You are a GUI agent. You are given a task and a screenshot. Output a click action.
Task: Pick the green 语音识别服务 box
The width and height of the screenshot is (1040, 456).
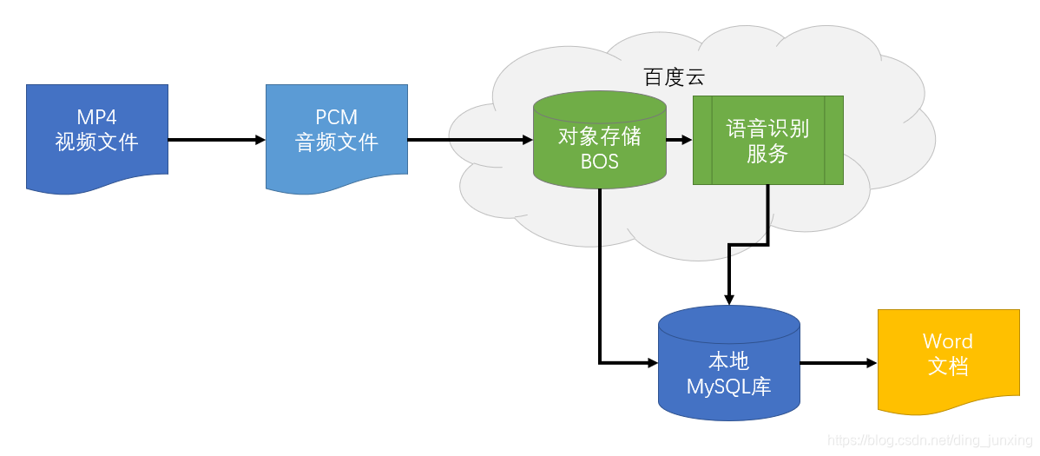(x=767, y=140)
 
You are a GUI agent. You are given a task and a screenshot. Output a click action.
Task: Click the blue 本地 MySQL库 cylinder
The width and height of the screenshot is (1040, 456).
(x=728, y=364)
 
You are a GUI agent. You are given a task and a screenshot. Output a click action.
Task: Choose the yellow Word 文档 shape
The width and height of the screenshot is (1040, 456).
(x=948, y=358)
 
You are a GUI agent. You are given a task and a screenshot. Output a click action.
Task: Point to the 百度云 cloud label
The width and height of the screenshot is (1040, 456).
(x=674, y=77)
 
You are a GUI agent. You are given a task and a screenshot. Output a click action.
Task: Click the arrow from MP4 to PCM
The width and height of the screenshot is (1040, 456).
(x=215, y=139)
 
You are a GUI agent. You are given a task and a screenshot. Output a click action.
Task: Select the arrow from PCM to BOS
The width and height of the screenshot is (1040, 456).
(x=469, y=139)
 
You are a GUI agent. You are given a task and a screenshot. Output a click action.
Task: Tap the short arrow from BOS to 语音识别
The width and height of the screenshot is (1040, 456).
(x=678, y=139)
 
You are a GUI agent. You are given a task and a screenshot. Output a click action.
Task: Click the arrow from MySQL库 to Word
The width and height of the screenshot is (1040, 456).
(x=838, y=363)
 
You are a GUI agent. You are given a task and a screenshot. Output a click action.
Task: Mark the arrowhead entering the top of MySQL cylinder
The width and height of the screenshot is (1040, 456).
(x=728, y=299)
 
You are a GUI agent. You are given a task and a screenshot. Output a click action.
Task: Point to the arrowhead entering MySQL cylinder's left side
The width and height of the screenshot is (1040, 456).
(x=652, y=362)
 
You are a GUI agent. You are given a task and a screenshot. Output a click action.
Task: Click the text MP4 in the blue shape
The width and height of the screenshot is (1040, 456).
(x=96, y=117)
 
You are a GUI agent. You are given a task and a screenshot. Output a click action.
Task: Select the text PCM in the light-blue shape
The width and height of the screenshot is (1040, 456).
(x=336, y=117)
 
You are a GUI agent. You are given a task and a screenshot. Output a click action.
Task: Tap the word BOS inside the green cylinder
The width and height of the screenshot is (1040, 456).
(x=599, y=161)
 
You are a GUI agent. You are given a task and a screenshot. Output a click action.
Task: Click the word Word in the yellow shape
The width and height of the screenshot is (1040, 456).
(x=947, y=340)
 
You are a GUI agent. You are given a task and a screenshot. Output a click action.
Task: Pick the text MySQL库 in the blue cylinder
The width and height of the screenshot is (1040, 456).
(x=728, y=387)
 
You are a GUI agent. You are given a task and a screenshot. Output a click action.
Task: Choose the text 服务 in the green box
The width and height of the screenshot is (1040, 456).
(x=767, y=154)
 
